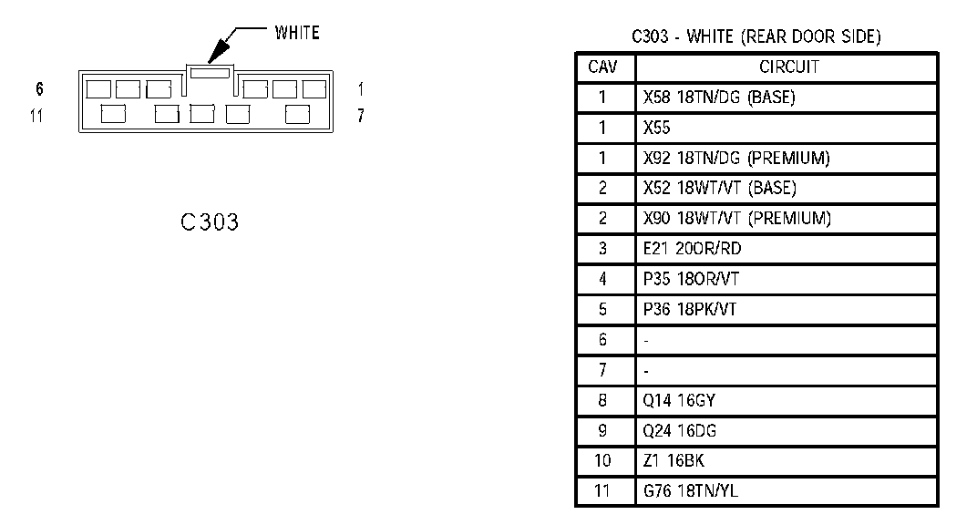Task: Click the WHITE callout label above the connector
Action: click(296, 34)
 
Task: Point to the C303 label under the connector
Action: click(210, 222)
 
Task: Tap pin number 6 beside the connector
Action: click(39, 89)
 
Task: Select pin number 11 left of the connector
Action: click(36, 117)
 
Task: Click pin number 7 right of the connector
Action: click(361, 117)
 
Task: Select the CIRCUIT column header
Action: click(788, 67)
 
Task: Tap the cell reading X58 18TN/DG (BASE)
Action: click(719, 98)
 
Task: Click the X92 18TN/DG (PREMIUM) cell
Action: click(736, 159)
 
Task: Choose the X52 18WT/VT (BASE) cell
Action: click(719, 189)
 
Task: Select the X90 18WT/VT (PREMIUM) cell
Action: click(736, 219)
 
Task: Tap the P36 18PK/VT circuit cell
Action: click(689, 309)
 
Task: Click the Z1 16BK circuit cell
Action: click(674, 461)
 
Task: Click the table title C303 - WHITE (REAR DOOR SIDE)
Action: click(756, 37)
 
